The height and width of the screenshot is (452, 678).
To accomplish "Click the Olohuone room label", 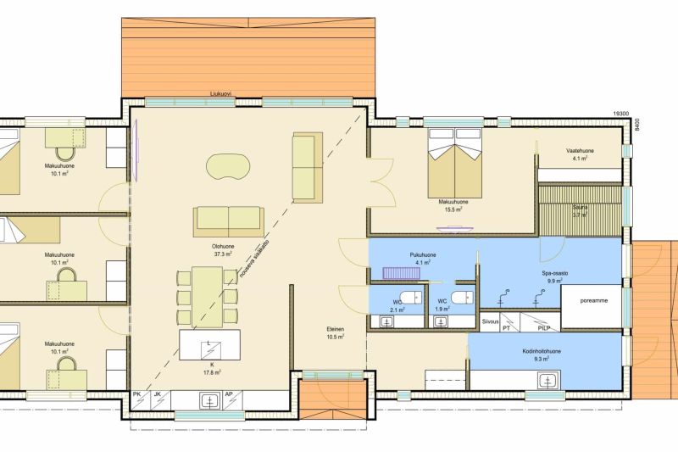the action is point(224,247).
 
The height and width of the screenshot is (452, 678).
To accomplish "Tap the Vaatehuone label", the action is point(580,151).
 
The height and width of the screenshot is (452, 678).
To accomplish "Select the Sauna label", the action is point(580,207).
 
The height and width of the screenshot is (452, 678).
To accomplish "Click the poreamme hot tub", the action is point(591,306).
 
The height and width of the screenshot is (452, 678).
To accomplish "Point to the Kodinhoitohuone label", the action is point(542,351).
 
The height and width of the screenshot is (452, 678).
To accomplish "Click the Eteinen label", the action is point(335,329).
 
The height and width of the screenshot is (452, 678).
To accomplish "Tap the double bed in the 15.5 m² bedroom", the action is point(454,163).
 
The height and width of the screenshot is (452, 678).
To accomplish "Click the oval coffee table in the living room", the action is point(228,165).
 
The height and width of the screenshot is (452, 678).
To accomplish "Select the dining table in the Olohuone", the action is point(208,297).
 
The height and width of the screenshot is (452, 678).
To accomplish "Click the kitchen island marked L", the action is point(209,345).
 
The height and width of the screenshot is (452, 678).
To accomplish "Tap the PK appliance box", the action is point(140,400).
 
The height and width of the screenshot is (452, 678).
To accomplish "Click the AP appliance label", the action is point(229,394).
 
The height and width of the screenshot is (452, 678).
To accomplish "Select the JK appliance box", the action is point(160,400).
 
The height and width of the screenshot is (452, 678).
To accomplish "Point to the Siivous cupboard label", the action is point(490,321).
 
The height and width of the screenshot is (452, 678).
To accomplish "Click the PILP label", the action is point(543,328).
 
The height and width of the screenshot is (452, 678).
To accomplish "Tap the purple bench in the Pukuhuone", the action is point(402,273).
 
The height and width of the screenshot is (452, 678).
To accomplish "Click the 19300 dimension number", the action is point(621,114).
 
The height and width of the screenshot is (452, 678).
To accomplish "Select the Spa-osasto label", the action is point(555,273).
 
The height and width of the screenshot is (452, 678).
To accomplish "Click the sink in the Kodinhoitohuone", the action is point(547,380).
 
